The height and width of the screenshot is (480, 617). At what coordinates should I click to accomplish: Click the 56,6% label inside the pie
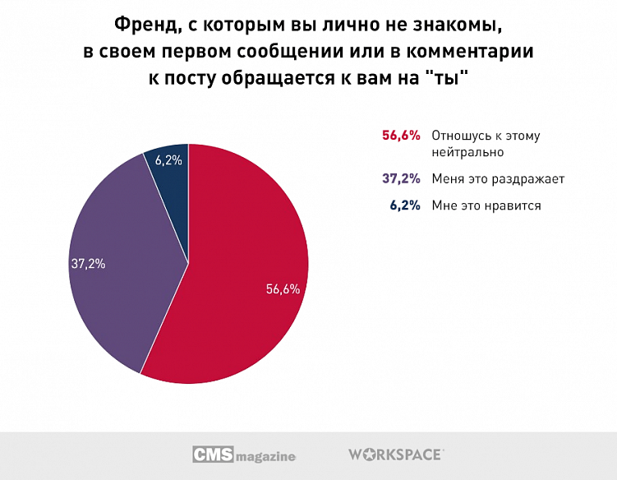(283, 289)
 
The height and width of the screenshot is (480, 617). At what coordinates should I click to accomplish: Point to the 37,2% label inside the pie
(88, 265)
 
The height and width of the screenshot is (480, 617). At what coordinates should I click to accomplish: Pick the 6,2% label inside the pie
(168, 160)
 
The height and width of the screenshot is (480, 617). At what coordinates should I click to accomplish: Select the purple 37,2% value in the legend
(401, 178)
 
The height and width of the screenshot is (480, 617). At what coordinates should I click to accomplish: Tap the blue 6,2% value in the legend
(405, 205)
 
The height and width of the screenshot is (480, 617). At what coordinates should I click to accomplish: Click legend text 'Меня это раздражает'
(498, 178)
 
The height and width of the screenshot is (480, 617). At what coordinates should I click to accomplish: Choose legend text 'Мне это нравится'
(486, 205)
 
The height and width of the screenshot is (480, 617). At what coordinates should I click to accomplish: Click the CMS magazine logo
(244, 455)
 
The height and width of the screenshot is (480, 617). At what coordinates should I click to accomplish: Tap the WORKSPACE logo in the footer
(396, 454)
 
